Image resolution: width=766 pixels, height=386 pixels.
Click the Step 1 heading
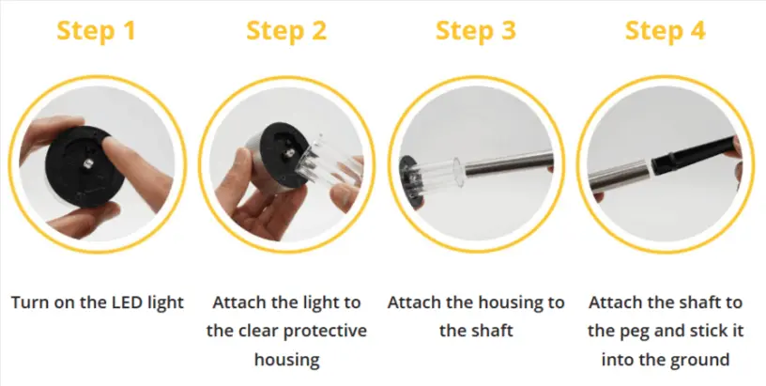tap(97, 30)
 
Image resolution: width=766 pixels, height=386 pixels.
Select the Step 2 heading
tap(286, 30)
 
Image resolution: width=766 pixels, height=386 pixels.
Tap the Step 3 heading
tap(476, 30)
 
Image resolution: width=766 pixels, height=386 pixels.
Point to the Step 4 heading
tap(666, 30)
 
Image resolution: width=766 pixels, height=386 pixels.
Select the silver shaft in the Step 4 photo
tap(620, 175)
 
